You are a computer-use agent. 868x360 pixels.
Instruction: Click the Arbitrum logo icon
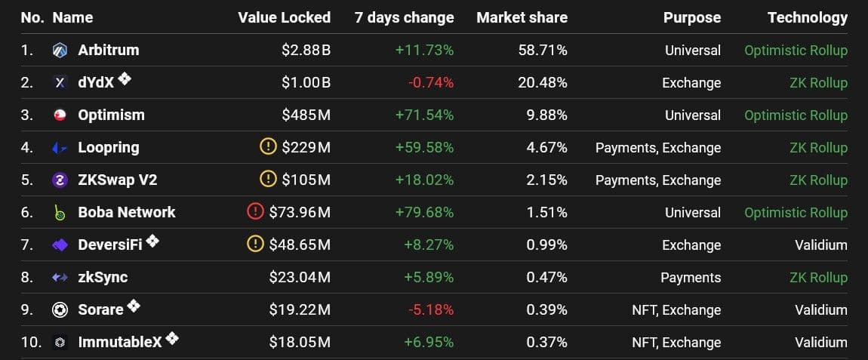coord(60,51)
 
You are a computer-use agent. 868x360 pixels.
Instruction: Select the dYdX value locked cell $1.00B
coord(306,83)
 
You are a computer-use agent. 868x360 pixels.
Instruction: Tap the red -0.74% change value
coord(430,83)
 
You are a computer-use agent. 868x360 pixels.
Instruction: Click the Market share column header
coord(522,17)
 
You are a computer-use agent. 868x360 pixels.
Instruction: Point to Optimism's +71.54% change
coord(424,115)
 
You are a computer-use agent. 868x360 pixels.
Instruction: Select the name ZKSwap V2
coord(117,180)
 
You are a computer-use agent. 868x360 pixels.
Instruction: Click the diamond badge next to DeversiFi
coord(152,242)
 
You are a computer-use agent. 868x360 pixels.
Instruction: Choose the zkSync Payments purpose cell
coord(691,278)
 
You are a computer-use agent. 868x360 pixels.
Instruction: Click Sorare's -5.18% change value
coord(430,310)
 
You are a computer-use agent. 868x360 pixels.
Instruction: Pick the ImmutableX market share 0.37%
coord(547,343)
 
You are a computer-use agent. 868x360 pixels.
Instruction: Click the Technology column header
coord(807,17)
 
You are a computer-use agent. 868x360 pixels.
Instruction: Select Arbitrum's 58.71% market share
coord(542,51)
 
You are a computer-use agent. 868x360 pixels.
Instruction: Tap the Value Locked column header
coord(284,17)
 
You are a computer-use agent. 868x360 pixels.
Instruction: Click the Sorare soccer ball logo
coord(60,310)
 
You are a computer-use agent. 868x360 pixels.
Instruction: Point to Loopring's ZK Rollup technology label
coord(818,148)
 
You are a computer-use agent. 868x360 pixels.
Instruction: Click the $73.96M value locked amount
coord(300,213)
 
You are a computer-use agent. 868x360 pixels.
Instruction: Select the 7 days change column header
coord(404,17)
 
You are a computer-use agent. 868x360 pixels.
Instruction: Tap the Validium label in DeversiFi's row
coord(820,245)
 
